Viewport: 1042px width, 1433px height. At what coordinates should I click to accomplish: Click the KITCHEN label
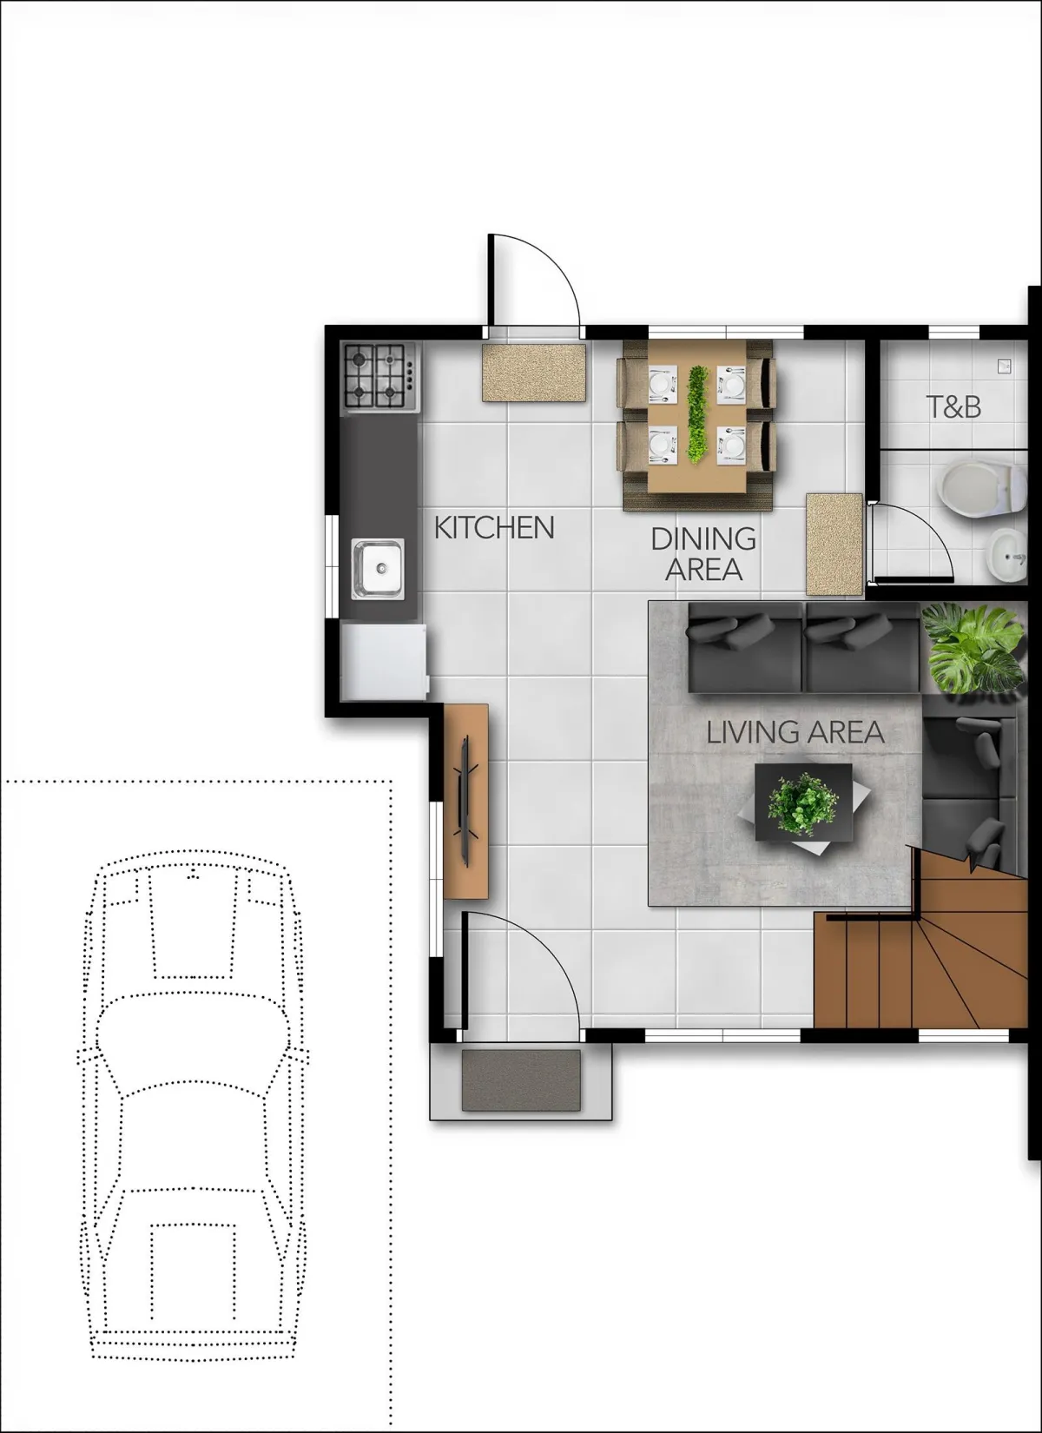click(494, 528)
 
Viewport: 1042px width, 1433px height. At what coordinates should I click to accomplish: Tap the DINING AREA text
click(703, 554)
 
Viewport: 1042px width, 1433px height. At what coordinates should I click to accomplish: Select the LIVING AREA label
click(795, 732)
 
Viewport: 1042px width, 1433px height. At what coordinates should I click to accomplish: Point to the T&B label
click(953, 406)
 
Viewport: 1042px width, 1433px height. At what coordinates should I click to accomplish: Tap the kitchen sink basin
click(378, 569)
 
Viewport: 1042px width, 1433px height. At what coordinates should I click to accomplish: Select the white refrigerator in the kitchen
click(385, 662)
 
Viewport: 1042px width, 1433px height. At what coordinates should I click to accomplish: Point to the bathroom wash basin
click(1007, 555)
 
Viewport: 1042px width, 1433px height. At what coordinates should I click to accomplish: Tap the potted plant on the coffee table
click(803, 802)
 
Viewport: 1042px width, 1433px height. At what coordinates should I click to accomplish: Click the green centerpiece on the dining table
click(698, 414)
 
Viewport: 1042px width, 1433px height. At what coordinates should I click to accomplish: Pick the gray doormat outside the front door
click(521, 1080)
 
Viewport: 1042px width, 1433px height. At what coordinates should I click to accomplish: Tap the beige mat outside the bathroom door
click(834, 544)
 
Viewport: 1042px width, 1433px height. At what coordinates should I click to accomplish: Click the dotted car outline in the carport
click(193, 1105)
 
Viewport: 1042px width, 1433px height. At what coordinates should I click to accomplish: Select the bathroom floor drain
click(1004, 366)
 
